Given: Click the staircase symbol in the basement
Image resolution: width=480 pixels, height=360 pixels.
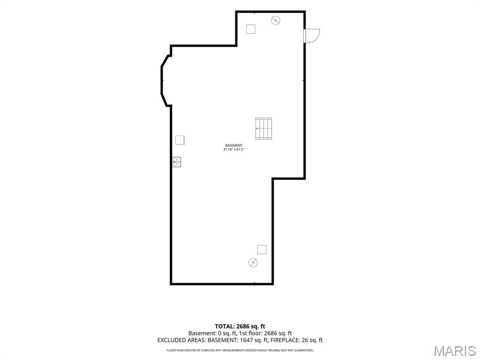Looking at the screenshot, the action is click(263, 128).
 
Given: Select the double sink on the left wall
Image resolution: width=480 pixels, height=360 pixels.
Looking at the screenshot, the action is click(177, 162).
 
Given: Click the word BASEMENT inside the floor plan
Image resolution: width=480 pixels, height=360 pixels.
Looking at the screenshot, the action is click(233, 145).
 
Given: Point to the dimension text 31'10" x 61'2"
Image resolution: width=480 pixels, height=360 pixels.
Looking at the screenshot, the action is click(233, 150).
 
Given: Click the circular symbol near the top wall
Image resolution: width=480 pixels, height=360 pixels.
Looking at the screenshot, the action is click(276, 21).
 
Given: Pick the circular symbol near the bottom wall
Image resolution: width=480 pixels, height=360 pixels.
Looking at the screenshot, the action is click(253, 262).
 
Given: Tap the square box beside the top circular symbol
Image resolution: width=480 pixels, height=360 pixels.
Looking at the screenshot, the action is click(251, 29).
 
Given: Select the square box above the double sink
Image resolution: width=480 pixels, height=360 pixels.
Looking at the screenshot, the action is click(180, 140).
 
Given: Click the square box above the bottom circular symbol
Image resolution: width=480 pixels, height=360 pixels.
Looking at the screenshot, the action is click(262, 249).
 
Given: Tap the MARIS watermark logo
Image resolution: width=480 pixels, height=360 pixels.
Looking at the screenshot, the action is click(455, 351).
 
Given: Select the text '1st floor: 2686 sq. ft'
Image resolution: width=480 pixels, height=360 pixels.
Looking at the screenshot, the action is click(266, 333).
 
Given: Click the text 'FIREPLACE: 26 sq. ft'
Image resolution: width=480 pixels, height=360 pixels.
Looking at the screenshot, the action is click(297, 340).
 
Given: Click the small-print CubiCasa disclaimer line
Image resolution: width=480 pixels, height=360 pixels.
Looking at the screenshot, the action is click(240, 350).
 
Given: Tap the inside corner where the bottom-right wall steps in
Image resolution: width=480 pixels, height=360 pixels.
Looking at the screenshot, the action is click(273, 179).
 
